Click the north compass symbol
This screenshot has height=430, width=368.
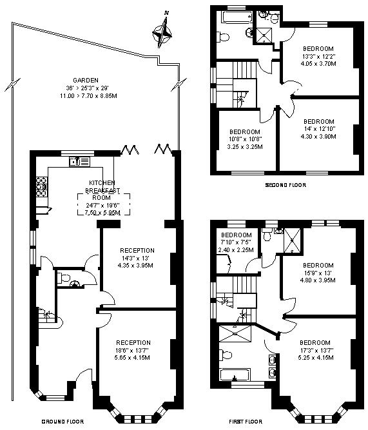point(162,31)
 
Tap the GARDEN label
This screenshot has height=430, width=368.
point(86,81)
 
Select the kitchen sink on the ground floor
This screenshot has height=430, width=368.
point(79,162)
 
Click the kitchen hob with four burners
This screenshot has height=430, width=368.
point(41,187)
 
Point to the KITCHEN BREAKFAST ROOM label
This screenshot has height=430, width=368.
point(102,190)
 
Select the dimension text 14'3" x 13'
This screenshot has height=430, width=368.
point(135,258)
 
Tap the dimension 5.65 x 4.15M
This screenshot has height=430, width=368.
point(132,358)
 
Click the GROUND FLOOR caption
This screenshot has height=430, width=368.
point(63,422)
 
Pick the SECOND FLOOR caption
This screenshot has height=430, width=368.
point(286,185)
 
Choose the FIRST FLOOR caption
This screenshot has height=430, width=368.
point(246,422)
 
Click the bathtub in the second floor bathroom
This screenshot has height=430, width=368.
point(237,17)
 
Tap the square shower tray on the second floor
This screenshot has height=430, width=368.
point(264,35)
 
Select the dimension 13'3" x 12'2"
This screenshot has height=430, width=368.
point(318,57)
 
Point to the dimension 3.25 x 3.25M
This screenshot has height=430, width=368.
point(245,147)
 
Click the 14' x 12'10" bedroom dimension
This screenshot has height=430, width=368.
point(318,129)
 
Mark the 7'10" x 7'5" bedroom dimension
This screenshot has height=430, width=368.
point(236,242)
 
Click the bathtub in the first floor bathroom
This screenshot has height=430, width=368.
point(235,375)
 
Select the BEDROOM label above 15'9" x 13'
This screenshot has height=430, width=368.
point(318,266)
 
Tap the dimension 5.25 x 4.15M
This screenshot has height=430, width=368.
point(316,358)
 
